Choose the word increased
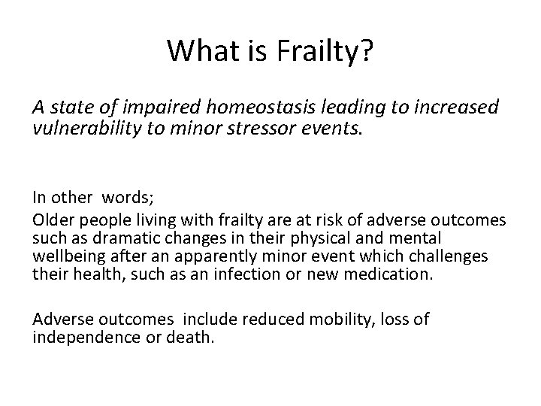pyautogui.click(x=456, y=108)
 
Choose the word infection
pyautogui.click(x=222, y=274)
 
